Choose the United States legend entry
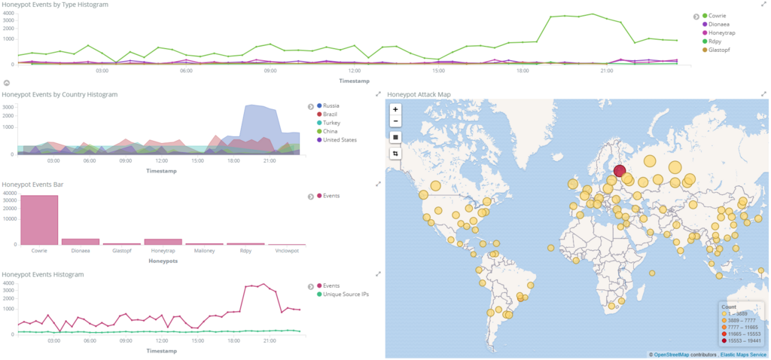point(340,139)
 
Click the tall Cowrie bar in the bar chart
point(39,220)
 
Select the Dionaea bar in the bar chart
point(80,241)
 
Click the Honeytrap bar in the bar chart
point(163,241)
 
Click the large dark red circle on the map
point(619,171)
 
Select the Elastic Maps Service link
point(743,354)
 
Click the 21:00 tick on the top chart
point(606,72)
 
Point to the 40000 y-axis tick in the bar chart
point(9,193)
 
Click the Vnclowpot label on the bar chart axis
point(287,250)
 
